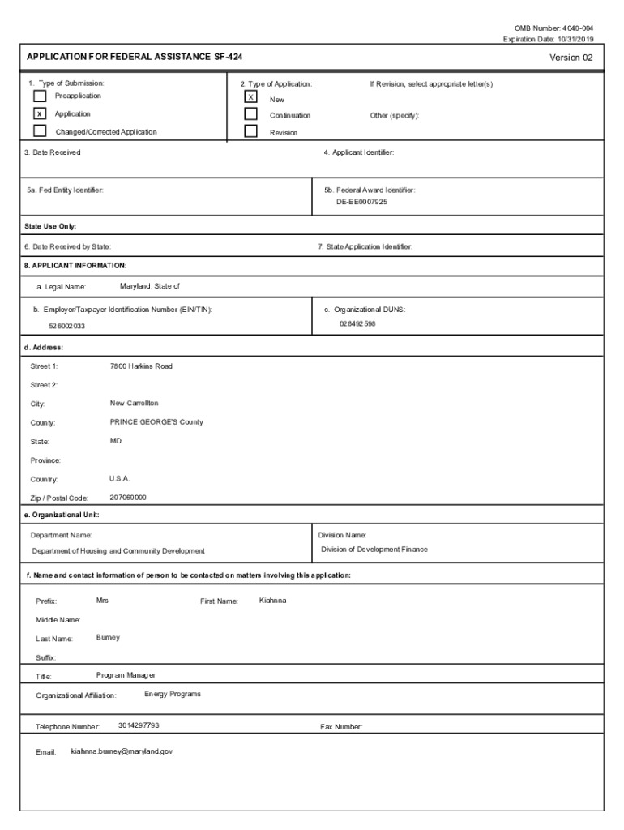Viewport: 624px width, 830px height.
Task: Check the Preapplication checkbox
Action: tap(40, 96)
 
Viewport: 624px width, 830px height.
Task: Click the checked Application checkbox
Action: tap(40, 114)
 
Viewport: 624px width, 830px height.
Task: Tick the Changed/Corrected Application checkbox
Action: tap(40, 131)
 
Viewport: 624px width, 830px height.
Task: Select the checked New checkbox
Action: tap(251, 97)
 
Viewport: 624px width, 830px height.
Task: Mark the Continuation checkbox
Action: tap(251, 114)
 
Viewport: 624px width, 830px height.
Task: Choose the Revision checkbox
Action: tap(251, 131)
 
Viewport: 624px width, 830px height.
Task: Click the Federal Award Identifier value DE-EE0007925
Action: tap(362, 202)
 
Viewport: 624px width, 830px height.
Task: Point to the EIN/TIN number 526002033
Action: tap(67, 326)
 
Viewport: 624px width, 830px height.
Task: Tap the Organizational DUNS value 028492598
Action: tap(357, 324)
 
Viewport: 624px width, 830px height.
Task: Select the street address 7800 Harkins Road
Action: tap(141, 366)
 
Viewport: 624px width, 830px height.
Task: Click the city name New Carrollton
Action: tap(135, 403)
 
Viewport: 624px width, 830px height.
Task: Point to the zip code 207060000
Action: tap(128, 497)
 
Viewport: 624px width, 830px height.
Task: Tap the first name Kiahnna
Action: tap(272, 601)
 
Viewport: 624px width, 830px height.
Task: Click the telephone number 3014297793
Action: tap(139, 725)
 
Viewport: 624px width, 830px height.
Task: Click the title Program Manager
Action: tap(126, 675)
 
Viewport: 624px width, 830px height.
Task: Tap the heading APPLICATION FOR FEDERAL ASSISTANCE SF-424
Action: tap(135, 58)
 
